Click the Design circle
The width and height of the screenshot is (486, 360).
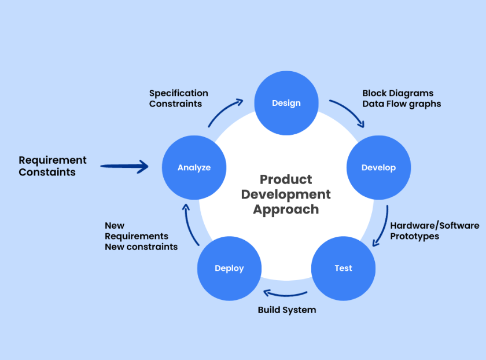286,103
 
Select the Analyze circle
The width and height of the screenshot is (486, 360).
194,167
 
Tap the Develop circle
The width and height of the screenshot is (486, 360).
379,167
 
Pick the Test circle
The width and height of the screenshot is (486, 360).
344,268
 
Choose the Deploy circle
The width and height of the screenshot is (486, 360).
229,268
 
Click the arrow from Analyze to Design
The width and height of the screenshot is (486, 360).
223,110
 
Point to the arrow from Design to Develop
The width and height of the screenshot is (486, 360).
350,110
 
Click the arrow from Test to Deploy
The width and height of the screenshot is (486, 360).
285,295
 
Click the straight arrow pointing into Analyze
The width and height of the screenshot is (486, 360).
124,167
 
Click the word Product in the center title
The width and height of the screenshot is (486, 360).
286,179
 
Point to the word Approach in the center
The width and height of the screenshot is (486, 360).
286,210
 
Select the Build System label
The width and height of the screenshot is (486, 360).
287,310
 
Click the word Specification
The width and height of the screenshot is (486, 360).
179,93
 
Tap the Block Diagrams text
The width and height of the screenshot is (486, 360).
398,93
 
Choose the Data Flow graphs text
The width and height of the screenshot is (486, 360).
402,104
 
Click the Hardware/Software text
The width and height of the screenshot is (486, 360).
435,225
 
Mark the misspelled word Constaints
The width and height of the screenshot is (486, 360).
47,172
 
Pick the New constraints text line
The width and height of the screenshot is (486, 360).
141,247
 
